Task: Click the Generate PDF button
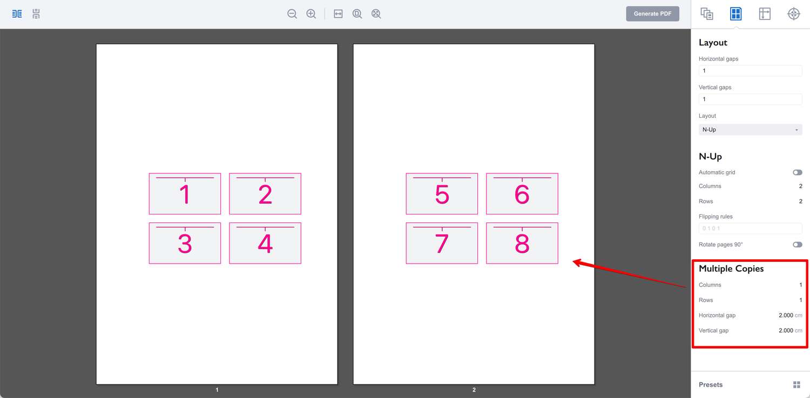[x=652, y=14]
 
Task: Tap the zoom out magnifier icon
[x=292, y=14]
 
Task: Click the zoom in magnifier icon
[x=311, y=14]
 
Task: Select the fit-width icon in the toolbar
[x=338, y=14]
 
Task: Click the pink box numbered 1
[x=185, y=194]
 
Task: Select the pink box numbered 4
[x=265, y=244]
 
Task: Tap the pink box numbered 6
[x=522, y=194]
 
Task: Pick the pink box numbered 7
[x=442, y=244]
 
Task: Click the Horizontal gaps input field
[x=751, y=71]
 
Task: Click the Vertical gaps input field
[x=751, y=99]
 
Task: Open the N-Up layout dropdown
[x=751, y=130]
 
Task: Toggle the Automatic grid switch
[x=798, y=172]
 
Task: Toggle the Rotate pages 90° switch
[x=798, y=245]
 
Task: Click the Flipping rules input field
[x=751, y=228]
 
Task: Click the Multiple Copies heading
[x=731, y=268]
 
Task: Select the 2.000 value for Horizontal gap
[x=786, y=315]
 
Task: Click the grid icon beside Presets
[x=796, y=384]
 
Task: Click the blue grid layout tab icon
[x=735, y=14]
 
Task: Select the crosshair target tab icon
[x=793, y=14]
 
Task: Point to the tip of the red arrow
[x=573, y=261]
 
